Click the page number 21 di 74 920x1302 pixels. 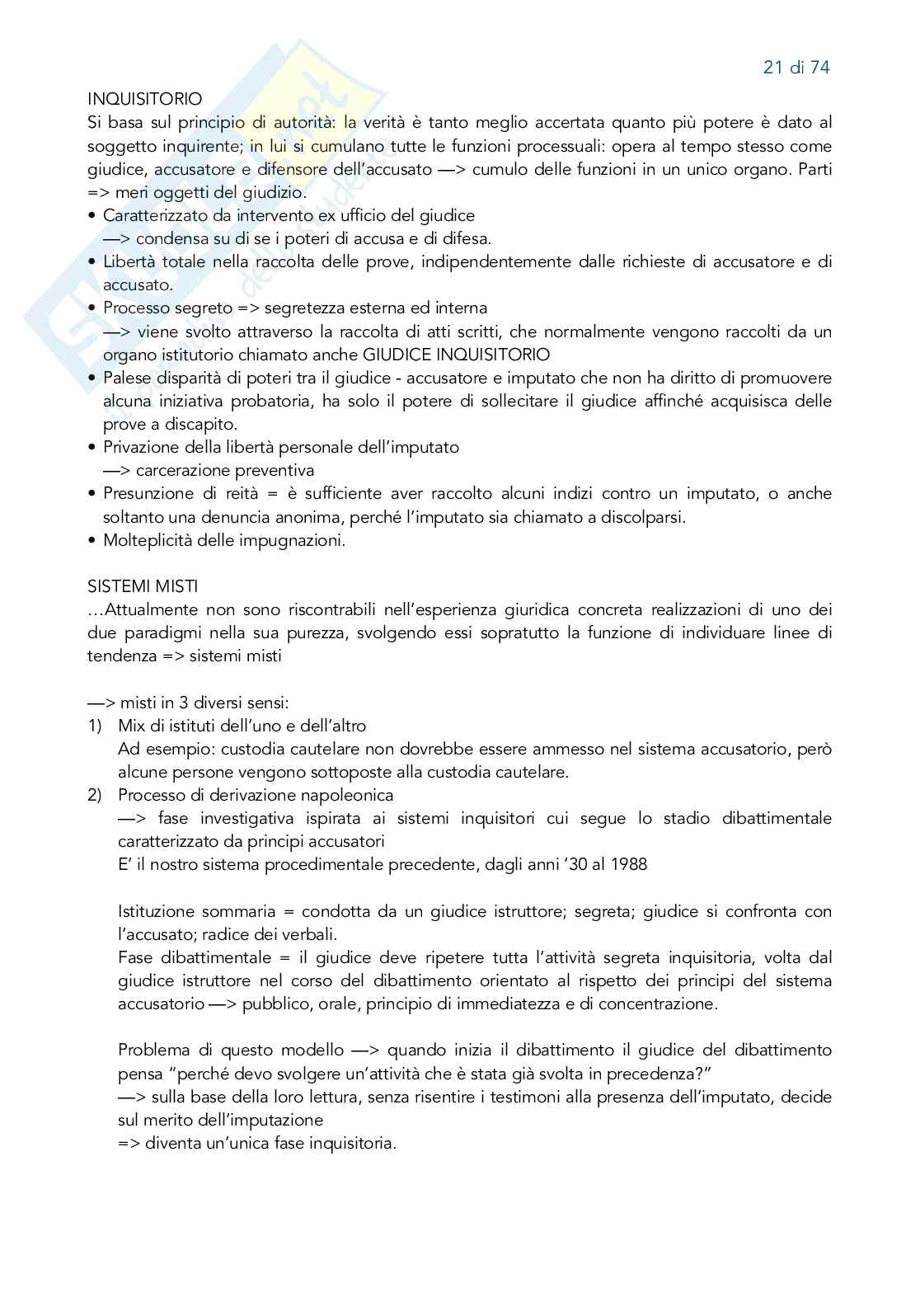(x=796, y=68)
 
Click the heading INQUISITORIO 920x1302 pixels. (x=144, y=99)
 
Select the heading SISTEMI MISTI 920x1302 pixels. (x=142, y=586)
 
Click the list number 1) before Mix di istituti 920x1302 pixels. (x=95, y=726)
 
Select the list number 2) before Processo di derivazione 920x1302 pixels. (x=95, y=796)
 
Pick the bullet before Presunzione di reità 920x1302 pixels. (x=91, y=494)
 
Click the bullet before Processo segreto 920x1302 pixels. (x=91, y=308)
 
